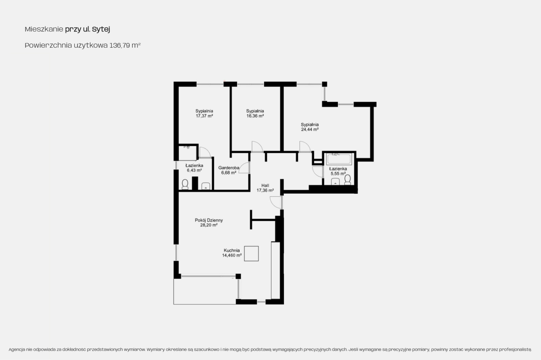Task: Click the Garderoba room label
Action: tap(229, 168)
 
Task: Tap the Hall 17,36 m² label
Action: tap(265, 188)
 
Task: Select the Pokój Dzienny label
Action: tap(209, 220)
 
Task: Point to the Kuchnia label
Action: tap(231, 250)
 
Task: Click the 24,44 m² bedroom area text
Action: tap(310, 130)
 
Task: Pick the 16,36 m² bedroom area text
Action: tap(255, 116)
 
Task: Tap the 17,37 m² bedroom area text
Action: tap(204, 116)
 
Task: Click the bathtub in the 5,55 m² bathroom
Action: tap(339, 159)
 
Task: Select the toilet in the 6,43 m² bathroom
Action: tap(185, 185)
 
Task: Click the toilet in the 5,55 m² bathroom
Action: tap(348, 180)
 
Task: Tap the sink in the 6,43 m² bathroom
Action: tap(206, 186)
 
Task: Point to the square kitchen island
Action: tap(251, 253)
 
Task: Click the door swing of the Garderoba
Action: tap(244, 168)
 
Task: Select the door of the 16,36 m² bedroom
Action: tap(257, 147)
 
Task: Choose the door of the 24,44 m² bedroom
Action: tap(305, 147)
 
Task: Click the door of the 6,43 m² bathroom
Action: tap(205, 153)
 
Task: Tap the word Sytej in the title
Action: tap(101, 29)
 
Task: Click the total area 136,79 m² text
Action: tap(125, 45)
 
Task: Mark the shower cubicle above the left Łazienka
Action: tap(188, 152)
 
